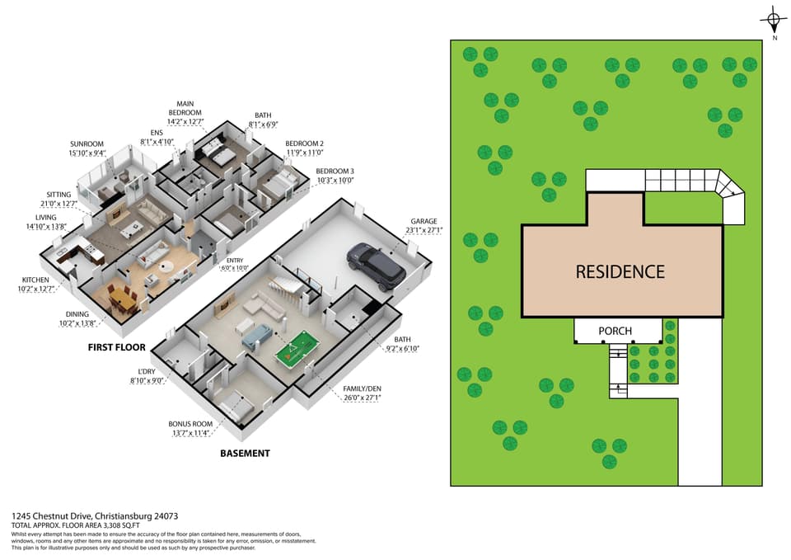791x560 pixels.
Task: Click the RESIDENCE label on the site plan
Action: tap(620, 271)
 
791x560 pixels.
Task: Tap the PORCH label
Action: tap(615, 331)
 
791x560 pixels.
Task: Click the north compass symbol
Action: tap(773, 21)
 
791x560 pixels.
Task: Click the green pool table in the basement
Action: tap(298, 347)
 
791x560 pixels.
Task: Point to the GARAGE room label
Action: tap(424, 221)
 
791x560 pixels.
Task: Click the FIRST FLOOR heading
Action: tap(116, 347)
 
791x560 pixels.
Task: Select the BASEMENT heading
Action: tap(246, 454)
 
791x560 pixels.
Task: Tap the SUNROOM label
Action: tap(87, 144)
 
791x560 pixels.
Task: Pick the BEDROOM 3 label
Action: tap(335, 172)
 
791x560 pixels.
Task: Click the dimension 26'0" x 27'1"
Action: tap(363, 398)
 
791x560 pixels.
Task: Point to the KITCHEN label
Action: tap(35, 280)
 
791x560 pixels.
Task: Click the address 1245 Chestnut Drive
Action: tap(51, 516)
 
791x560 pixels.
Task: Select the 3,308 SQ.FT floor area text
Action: tap(118, 525)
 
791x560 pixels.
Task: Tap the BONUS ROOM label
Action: tap(190, 424)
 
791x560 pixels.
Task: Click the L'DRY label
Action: tap(147, 372)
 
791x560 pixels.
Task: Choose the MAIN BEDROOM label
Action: tap(185, 108)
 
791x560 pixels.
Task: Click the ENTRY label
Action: tap(235, 261)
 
